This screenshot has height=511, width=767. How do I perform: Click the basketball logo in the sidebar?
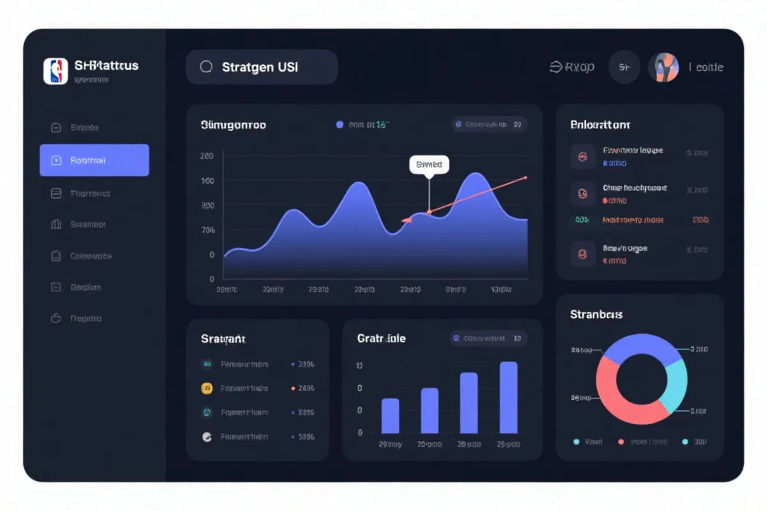tap(56, 72)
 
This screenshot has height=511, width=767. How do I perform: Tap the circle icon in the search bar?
tap(206, 66)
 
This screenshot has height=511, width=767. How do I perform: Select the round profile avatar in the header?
tap(663, 67)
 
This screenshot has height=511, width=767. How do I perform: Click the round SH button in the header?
tap(624, 67)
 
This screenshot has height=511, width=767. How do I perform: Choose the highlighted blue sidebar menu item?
tap(94, 160)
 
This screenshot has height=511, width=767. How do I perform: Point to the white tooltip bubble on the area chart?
tap(429, 164)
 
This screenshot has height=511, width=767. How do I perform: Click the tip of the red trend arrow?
tap(525, 177)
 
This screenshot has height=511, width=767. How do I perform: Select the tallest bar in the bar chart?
tap(508, 397)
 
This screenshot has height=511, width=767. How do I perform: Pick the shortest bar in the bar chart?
tap(390, 416)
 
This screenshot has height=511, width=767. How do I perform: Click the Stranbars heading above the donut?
tap(596, 314)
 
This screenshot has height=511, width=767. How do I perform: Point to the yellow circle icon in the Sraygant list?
tap(206, 388)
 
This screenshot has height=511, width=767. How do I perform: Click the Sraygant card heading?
tap(223, 339)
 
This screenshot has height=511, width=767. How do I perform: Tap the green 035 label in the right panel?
tap(582, 220)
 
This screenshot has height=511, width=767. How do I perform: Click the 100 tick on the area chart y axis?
tap(207, 181)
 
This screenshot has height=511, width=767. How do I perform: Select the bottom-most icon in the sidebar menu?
tap(56, 318)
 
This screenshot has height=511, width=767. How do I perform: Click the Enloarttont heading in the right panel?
tap(600, 125)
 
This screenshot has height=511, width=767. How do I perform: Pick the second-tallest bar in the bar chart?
tap(469, 403)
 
